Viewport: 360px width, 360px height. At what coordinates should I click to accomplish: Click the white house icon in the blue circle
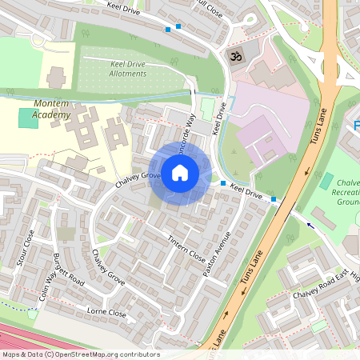[180, 173]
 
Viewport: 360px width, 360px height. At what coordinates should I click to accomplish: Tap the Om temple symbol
[235, 57]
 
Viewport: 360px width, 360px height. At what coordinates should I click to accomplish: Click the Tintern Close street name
[186, 246]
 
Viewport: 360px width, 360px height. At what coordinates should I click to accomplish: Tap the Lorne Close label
[107, 313]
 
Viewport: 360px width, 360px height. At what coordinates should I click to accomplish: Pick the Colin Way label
[46, 286]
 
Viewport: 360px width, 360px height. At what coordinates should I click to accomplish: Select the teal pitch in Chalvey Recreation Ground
[326, 181]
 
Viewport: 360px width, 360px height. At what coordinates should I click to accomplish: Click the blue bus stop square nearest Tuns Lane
[274, 198]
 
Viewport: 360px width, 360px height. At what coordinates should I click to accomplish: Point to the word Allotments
[127, 74]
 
